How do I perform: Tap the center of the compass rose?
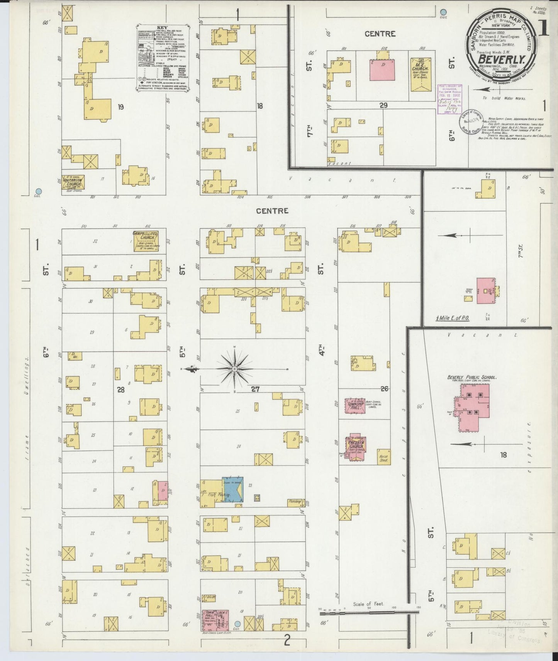[x=234, y=369]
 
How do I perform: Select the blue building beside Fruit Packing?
[x=233, y=490]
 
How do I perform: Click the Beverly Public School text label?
[x=472, y=377]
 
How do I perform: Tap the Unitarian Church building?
[x=74, y=182]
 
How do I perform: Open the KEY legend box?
[x=163, y=59]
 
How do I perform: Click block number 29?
[x=383, y=105]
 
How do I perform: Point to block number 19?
[x=121, y=107]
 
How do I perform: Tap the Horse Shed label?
[x=383, y=458]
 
